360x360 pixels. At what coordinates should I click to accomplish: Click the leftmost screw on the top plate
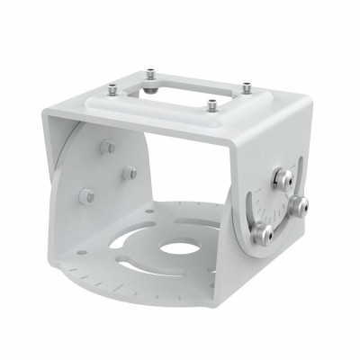click(110, 88)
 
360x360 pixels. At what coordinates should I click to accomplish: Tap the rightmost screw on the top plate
click(245, 88)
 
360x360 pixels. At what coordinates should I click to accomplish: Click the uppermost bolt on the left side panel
click(108, 147)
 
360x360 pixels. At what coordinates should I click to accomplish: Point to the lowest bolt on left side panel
click(87, 194)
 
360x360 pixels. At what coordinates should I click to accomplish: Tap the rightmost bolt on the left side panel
click(130, 173)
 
